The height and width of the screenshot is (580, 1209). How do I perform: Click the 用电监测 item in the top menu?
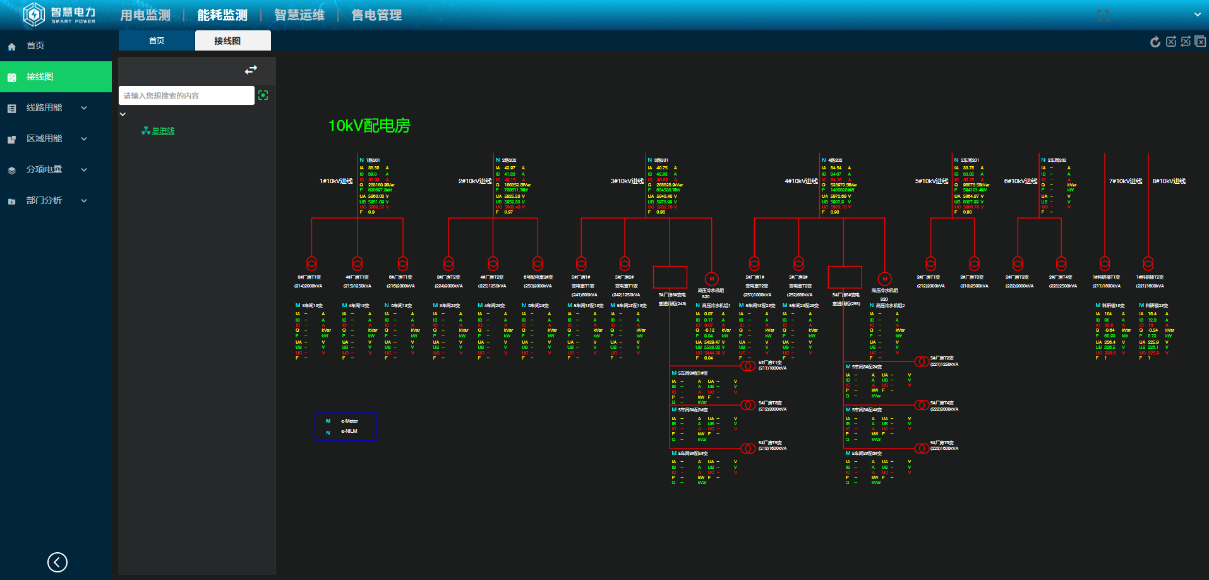pyautogui.click(x=145, y=15)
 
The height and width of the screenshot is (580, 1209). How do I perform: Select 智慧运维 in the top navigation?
pyautogui.click(x=299, y=15)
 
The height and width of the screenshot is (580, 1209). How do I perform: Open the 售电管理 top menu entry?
pyautogui.click(x=376, y=15)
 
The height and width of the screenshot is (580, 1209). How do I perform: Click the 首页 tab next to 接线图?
pyautogui.click(x=157, y=41)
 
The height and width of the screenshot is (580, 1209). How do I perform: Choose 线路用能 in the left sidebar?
pyautogui.click(x=44, y=108)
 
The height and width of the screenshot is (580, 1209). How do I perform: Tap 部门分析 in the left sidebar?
pyautogui.click(x=44, y=201)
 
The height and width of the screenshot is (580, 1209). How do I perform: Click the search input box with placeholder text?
pyautogui.click(x=186, y=96)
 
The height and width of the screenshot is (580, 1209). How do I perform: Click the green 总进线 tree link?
pyautogui.click(x=163, y=131)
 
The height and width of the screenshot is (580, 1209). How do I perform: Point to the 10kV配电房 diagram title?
pyautogui.click(x=369, y=126)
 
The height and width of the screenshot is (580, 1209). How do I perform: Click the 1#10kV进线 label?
pyautogui.click(x=336, y=181)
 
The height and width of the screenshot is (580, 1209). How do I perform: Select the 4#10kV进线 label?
pyautogui.click(x=801, y=181)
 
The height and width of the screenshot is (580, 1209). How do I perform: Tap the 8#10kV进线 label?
pyautogui.click(x=1169, y=181)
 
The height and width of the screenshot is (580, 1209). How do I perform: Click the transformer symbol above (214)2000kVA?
pyautogui.click(x=311, y=263)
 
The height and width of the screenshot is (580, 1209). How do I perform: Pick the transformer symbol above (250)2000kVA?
pyautogui.click(x=538, y=263)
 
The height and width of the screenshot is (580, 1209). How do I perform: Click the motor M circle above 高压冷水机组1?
pyautogui.click(x=712, y=279)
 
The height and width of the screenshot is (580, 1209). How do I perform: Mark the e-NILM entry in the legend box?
pyautogui.click(x=349, y=432)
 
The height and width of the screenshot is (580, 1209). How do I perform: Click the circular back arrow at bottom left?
pyautogui.click(x=57, y=562)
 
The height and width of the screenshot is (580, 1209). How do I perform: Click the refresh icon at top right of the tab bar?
pyautogui.click(x=1155, y=42)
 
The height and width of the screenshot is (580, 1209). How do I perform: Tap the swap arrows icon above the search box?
pyautogui.click(x=251, y=70)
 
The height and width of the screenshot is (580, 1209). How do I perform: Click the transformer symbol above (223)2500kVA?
pyautogui.click(x=1061, y=263)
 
